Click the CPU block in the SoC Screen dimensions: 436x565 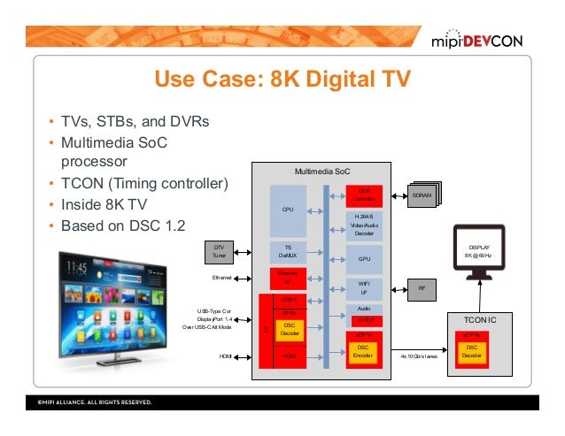pyautogui.click(x=287, y=210)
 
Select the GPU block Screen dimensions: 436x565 pyautogui.click(x=363, y=260)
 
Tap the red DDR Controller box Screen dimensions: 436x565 pyautogui.click(x=363, y=194)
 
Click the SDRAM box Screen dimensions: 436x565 pyautogui.click(x=421, y=195)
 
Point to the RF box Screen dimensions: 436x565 pyautogui.click(x=422, y=287)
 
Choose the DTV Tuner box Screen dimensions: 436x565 pyautogui.click(x=219, y=251)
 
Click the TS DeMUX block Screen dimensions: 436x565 pyautogui.click(x=287, y=251)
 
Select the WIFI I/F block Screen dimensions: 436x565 pyautogui.click(x=363, y=287)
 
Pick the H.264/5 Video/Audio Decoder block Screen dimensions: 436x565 pyautogui.click(x=363, y=225)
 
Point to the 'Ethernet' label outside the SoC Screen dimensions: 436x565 pyautogui.click(x=221, y=278)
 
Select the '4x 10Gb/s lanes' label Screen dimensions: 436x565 pyautogui.click(x=419, y=356)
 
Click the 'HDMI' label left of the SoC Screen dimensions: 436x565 pyautogui.click(x=225, y=356)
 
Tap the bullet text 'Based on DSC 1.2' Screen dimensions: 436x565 pyautogui.click(x=120, y=226)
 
